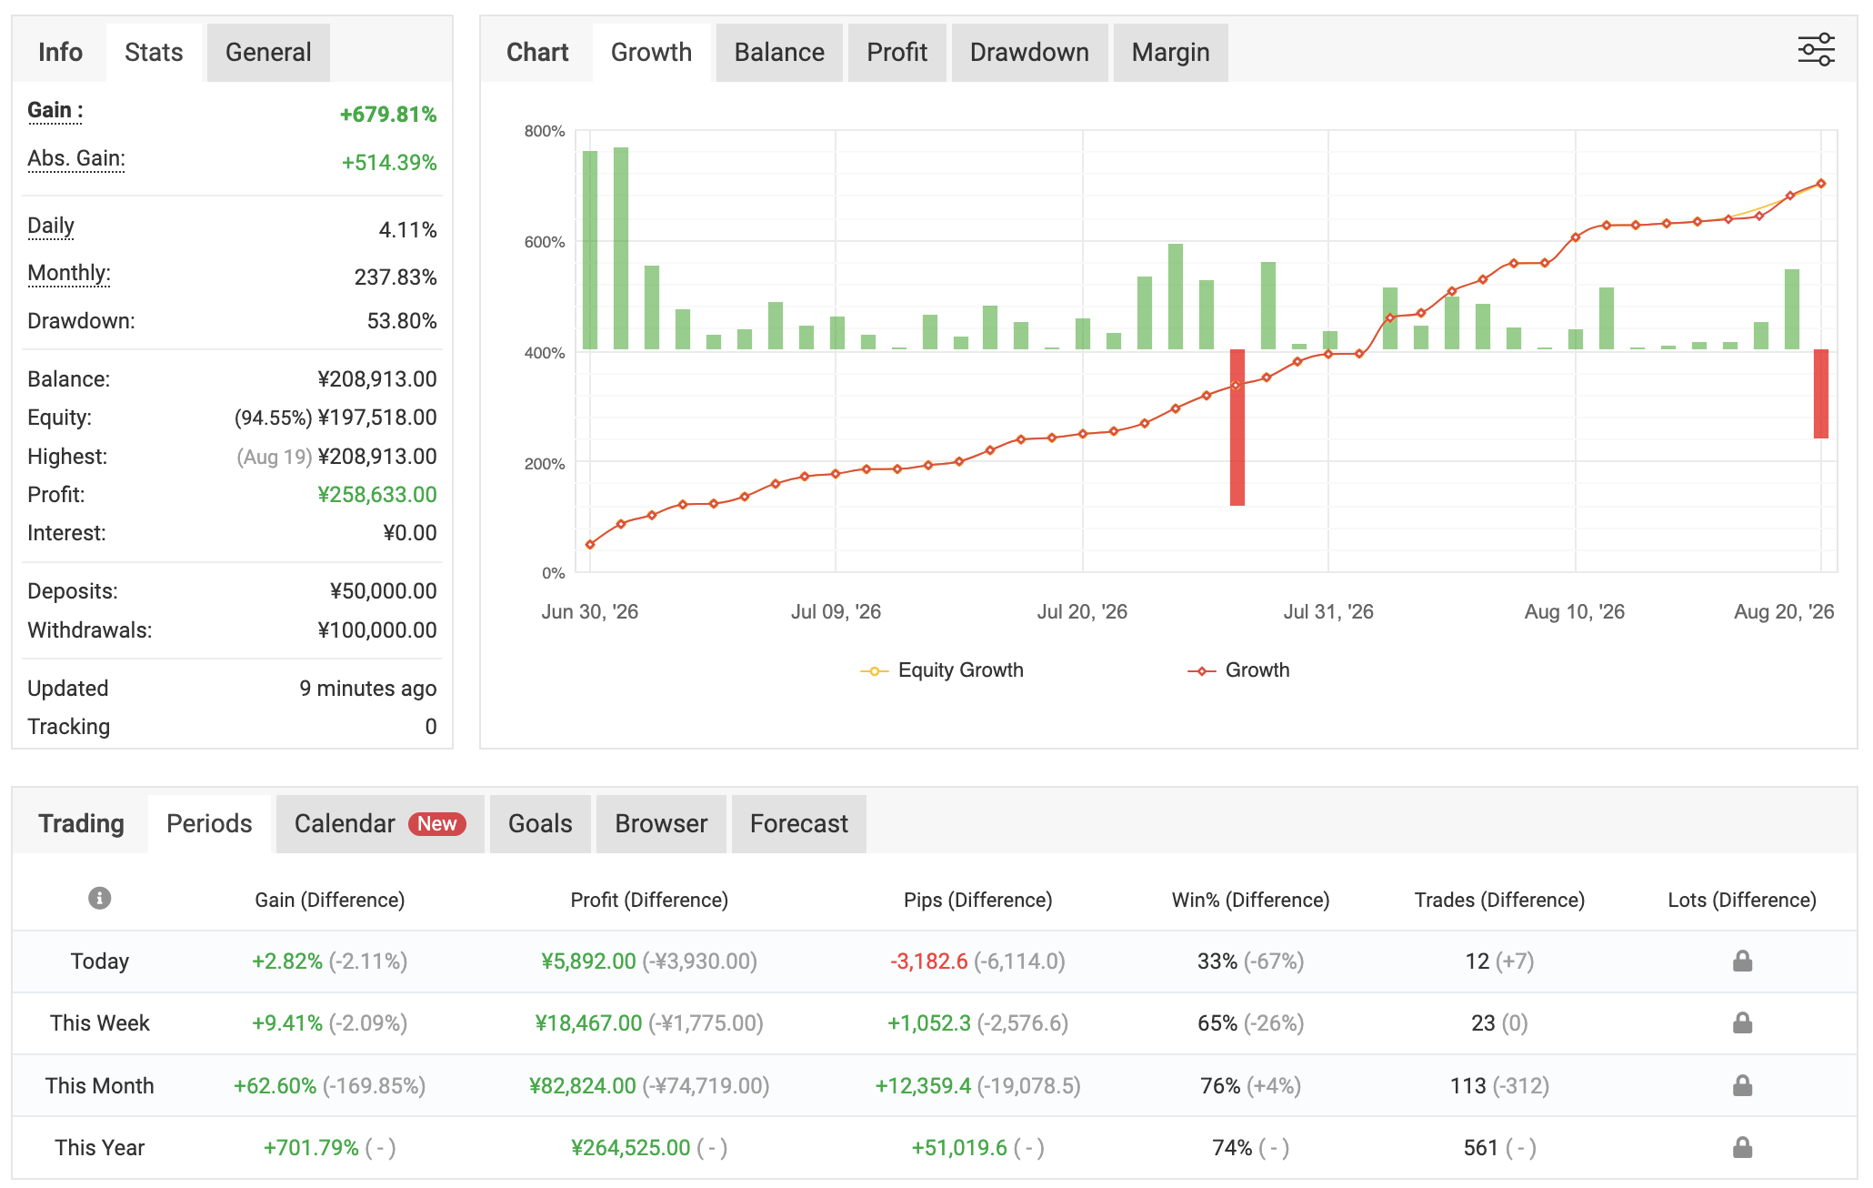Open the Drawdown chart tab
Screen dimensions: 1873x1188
point(1029,53)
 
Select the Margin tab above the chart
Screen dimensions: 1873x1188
point(1170,53)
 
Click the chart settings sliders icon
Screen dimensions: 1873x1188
point(1816,50)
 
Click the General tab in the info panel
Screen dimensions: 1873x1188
point(268,53)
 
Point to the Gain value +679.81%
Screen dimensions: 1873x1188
point(388,115)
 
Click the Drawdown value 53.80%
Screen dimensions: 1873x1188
point(402,321)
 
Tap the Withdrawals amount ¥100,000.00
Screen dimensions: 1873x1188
point(377,630)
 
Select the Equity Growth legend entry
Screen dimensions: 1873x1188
point(942,670)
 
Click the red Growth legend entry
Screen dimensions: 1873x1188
point(1238,670)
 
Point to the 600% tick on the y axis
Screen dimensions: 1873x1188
point(545,242)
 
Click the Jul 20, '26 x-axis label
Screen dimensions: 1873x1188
point(1082,612)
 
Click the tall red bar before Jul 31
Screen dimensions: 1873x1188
point(1237,428)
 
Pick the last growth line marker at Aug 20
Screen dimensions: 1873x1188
point(1821,184)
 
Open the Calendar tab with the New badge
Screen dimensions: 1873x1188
point(380,824)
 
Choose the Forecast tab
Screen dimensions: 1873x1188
point(798,824)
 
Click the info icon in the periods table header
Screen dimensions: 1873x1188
point(100,899)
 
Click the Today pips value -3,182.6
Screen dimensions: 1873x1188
point(929,961)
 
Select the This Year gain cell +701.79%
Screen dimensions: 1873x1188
point(311,1148)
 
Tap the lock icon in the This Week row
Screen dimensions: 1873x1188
point(1742,1023)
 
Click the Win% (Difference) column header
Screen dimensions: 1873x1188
point(1250,900)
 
